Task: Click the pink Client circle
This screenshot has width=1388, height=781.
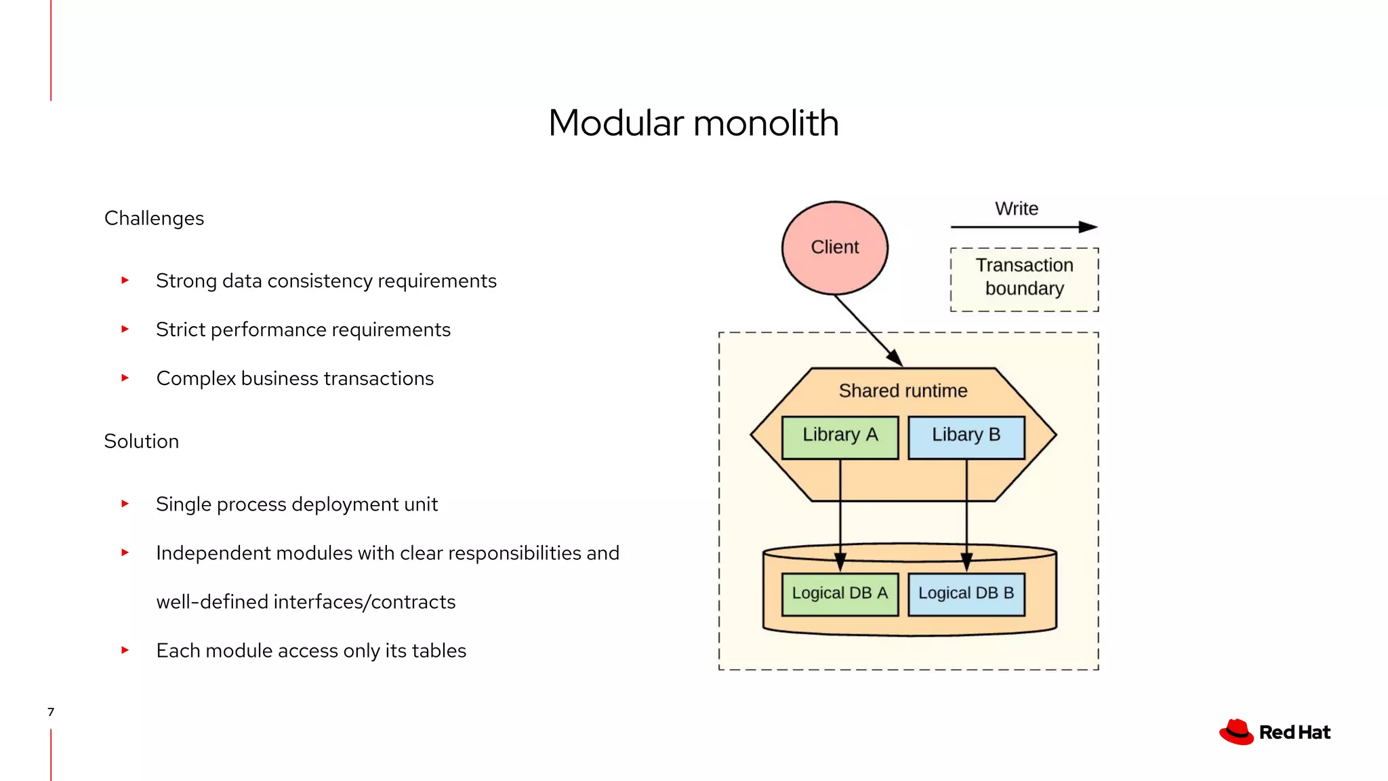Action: (834, 247)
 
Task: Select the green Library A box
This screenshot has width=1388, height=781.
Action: (840, 437)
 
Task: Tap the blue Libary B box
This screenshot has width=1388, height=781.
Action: (966, 437)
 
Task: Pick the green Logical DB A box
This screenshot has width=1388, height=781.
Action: (840, 594)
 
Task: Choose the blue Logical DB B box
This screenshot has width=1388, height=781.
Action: (966, 594)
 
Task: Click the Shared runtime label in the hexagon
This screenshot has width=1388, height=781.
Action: (903, 391)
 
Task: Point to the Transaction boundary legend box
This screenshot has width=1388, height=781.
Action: (1024, 279)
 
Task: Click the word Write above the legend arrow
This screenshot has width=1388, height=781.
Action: (1016, 209)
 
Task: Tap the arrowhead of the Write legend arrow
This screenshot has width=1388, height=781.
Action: (1088, 227)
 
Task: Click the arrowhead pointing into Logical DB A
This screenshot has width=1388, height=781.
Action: (840, 562)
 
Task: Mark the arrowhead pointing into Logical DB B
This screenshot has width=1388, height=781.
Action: (966, 562)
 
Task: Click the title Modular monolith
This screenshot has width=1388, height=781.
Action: (693, 123)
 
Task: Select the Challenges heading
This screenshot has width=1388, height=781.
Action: (154, 218)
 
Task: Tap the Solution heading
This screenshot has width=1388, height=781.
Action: (141, 441)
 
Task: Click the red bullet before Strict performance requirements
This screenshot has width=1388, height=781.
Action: (125, 329)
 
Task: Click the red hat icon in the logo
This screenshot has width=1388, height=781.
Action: (1236, 732)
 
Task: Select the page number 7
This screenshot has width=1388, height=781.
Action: (51, 712)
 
